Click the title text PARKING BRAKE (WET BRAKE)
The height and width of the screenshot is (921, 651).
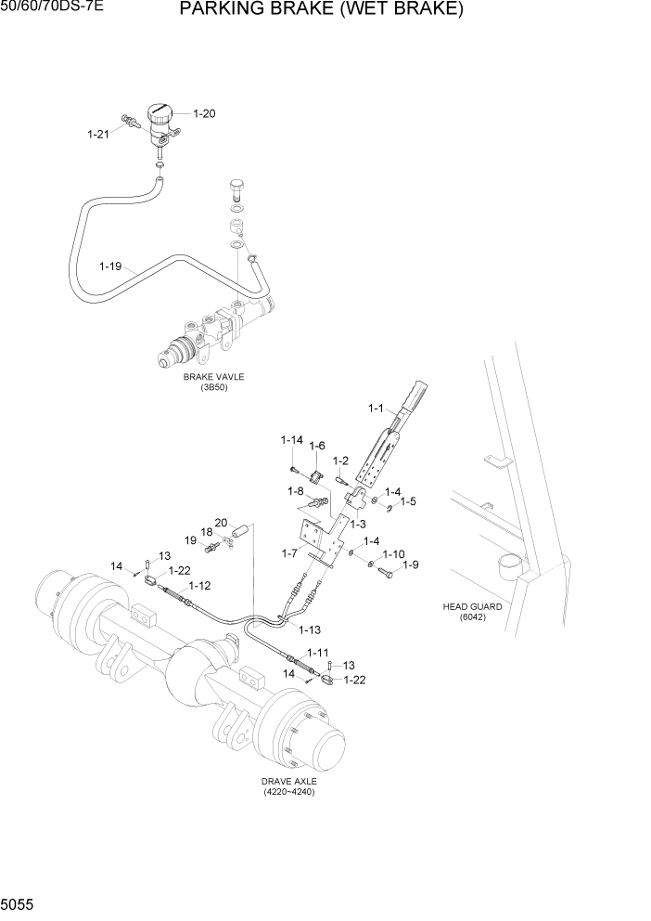coord(321,10)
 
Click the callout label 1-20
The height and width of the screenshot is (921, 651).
coord(204,113)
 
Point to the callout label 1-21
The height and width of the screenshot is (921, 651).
coord(98,135)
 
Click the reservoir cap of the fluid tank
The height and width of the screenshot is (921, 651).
coord(160,115)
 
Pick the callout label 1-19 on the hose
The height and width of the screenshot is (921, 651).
coord(110,266)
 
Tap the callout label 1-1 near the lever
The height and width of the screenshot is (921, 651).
coord(376,408)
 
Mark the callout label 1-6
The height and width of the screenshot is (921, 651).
coord(317,446)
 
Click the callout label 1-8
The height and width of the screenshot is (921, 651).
coord(296,490)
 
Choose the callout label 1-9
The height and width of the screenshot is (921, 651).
coord(410,564)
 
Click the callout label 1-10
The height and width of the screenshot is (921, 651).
coord(393,554)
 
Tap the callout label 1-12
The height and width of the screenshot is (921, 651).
coord(199,586)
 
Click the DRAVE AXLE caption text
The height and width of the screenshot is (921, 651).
coord(289,783)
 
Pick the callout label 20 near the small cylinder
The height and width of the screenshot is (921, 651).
coord(222,522)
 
